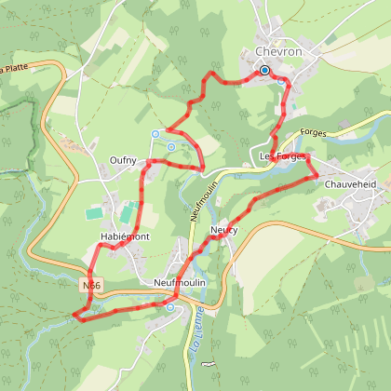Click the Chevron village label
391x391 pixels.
click(279, 52)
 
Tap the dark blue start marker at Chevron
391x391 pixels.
click(264, 70)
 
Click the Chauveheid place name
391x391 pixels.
click(349, 184)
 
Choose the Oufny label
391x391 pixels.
click(123, 160)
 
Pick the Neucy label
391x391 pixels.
click(223, 229)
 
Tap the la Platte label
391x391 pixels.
click(12, 68)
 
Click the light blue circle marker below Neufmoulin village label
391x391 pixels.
click(170, 304)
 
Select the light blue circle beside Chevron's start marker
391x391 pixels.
click(280, 80)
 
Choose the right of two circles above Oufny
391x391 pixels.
click(171, 146)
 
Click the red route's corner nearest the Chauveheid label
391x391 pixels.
click(316, 173)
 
